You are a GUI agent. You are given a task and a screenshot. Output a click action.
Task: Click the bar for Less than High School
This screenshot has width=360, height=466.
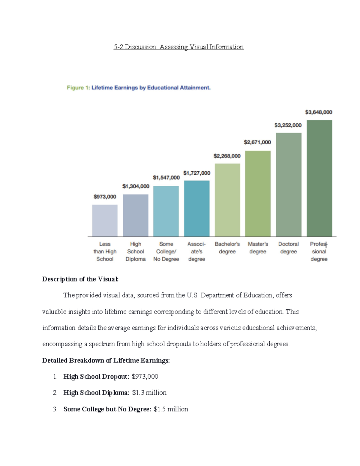tap(105, 221)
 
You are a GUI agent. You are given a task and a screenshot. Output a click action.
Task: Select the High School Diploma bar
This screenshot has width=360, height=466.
tap(136, 215)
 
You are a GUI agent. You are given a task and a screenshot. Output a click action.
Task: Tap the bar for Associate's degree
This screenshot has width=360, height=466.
tap(197, 209)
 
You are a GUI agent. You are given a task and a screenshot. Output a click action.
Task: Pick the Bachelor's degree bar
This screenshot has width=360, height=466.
tap(227, 200)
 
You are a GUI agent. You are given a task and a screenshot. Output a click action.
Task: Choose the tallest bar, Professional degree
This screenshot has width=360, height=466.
tap(319, 178)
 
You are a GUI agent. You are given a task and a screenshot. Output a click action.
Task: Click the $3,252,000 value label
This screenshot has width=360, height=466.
tap(288, 125)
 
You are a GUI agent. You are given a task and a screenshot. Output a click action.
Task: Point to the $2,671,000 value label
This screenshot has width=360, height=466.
tap(257, 142)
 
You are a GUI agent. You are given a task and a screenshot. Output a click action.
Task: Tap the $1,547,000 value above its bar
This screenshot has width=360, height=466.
tap(166, 178)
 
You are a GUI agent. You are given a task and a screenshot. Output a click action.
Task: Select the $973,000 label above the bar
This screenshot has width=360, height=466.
tap(105, 197)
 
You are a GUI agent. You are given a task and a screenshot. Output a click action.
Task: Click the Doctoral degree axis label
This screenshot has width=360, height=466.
tap(288, 248)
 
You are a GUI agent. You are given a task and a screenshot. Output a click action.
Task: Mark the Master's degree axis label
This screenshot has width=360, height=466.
tap(258, 248)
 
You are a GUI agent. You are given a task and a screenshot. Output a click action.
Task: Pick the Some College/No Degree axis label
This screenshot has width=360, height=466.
tap(166, 251)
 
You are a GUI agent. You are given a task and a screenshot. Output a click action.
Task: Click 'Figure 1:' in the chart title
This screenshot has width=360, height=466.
tap(78, 88)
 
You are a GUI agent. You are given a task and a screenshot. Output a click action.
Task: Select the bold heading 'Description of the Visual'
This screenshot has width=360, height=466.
tap(80, 279)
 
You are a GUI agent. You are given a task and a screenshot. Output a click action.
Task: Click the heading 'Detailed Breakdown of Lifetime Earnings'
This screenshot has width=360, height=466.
tap(106, 360)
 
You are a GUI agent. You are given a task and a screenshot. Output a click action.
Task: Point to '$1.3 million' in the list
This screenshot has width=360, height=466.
tap(149, 392)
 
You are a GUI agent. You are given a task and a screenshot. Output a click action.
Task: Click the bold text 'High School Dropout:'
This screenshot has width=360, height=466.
tap(96, 377)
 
